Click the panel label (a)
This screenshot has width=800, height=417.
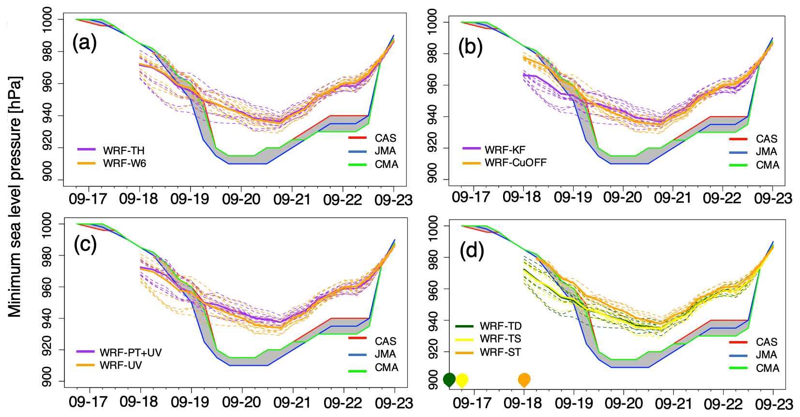coord(84,43)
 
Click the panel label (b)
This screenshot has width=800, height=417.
coord(470,47)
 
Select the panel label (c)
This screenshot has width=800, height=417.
coord(85,244)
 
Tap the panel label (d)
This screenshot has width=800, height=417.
coord(472,251)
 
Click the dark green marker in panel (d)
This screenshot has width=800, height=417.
coord(449,380)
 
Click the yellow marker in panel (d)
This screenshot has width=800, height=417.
coord(462,380)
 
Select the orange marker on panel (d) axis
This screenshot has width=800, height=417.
coord(524,380)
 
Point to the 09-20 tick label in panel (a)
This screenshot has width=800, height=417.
coord(241,199)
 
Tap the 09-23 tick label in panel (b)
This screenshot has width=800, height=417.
coord(773,198)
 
